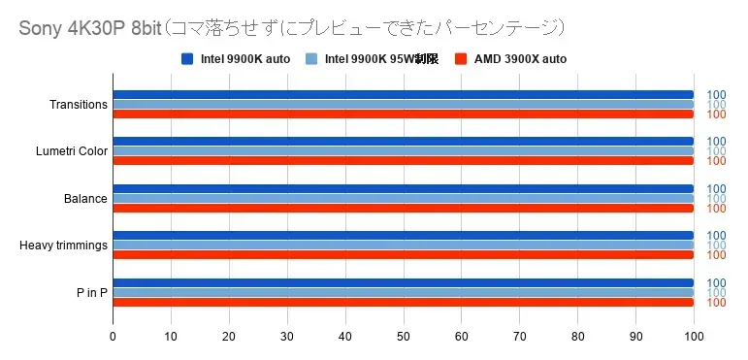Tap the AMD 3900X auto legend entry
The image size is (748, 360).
[510, 59]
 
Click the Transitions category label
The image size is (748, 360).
[78, 105]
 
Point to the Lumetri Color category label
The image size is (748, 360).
[71, 151]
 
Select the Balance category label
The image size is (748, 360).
[85, 199]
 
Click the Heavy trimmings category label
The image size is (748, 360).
[63, 245]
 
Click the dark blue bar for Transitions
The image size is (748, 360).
[403, 95]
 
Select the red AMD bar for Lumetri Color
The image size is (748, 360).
[403, 161]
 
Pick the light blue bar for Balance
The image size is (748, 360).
[403, 198]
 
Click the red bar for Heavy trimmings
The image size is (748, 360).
[403, 255]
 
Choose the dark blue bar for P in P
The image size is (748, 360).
[403, 283]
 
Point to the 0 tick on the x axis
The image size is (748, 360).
[113, 337]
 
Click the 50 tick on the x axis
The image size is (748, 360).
[404, 337]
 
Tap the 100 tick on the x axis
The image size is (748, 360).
[693, 337]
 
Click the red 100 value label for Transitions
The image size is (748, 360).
[716, 115]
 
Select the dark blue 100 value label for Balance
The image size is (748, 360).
[716, 188]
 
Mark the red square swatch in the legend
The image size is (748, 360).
[463, 59]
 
